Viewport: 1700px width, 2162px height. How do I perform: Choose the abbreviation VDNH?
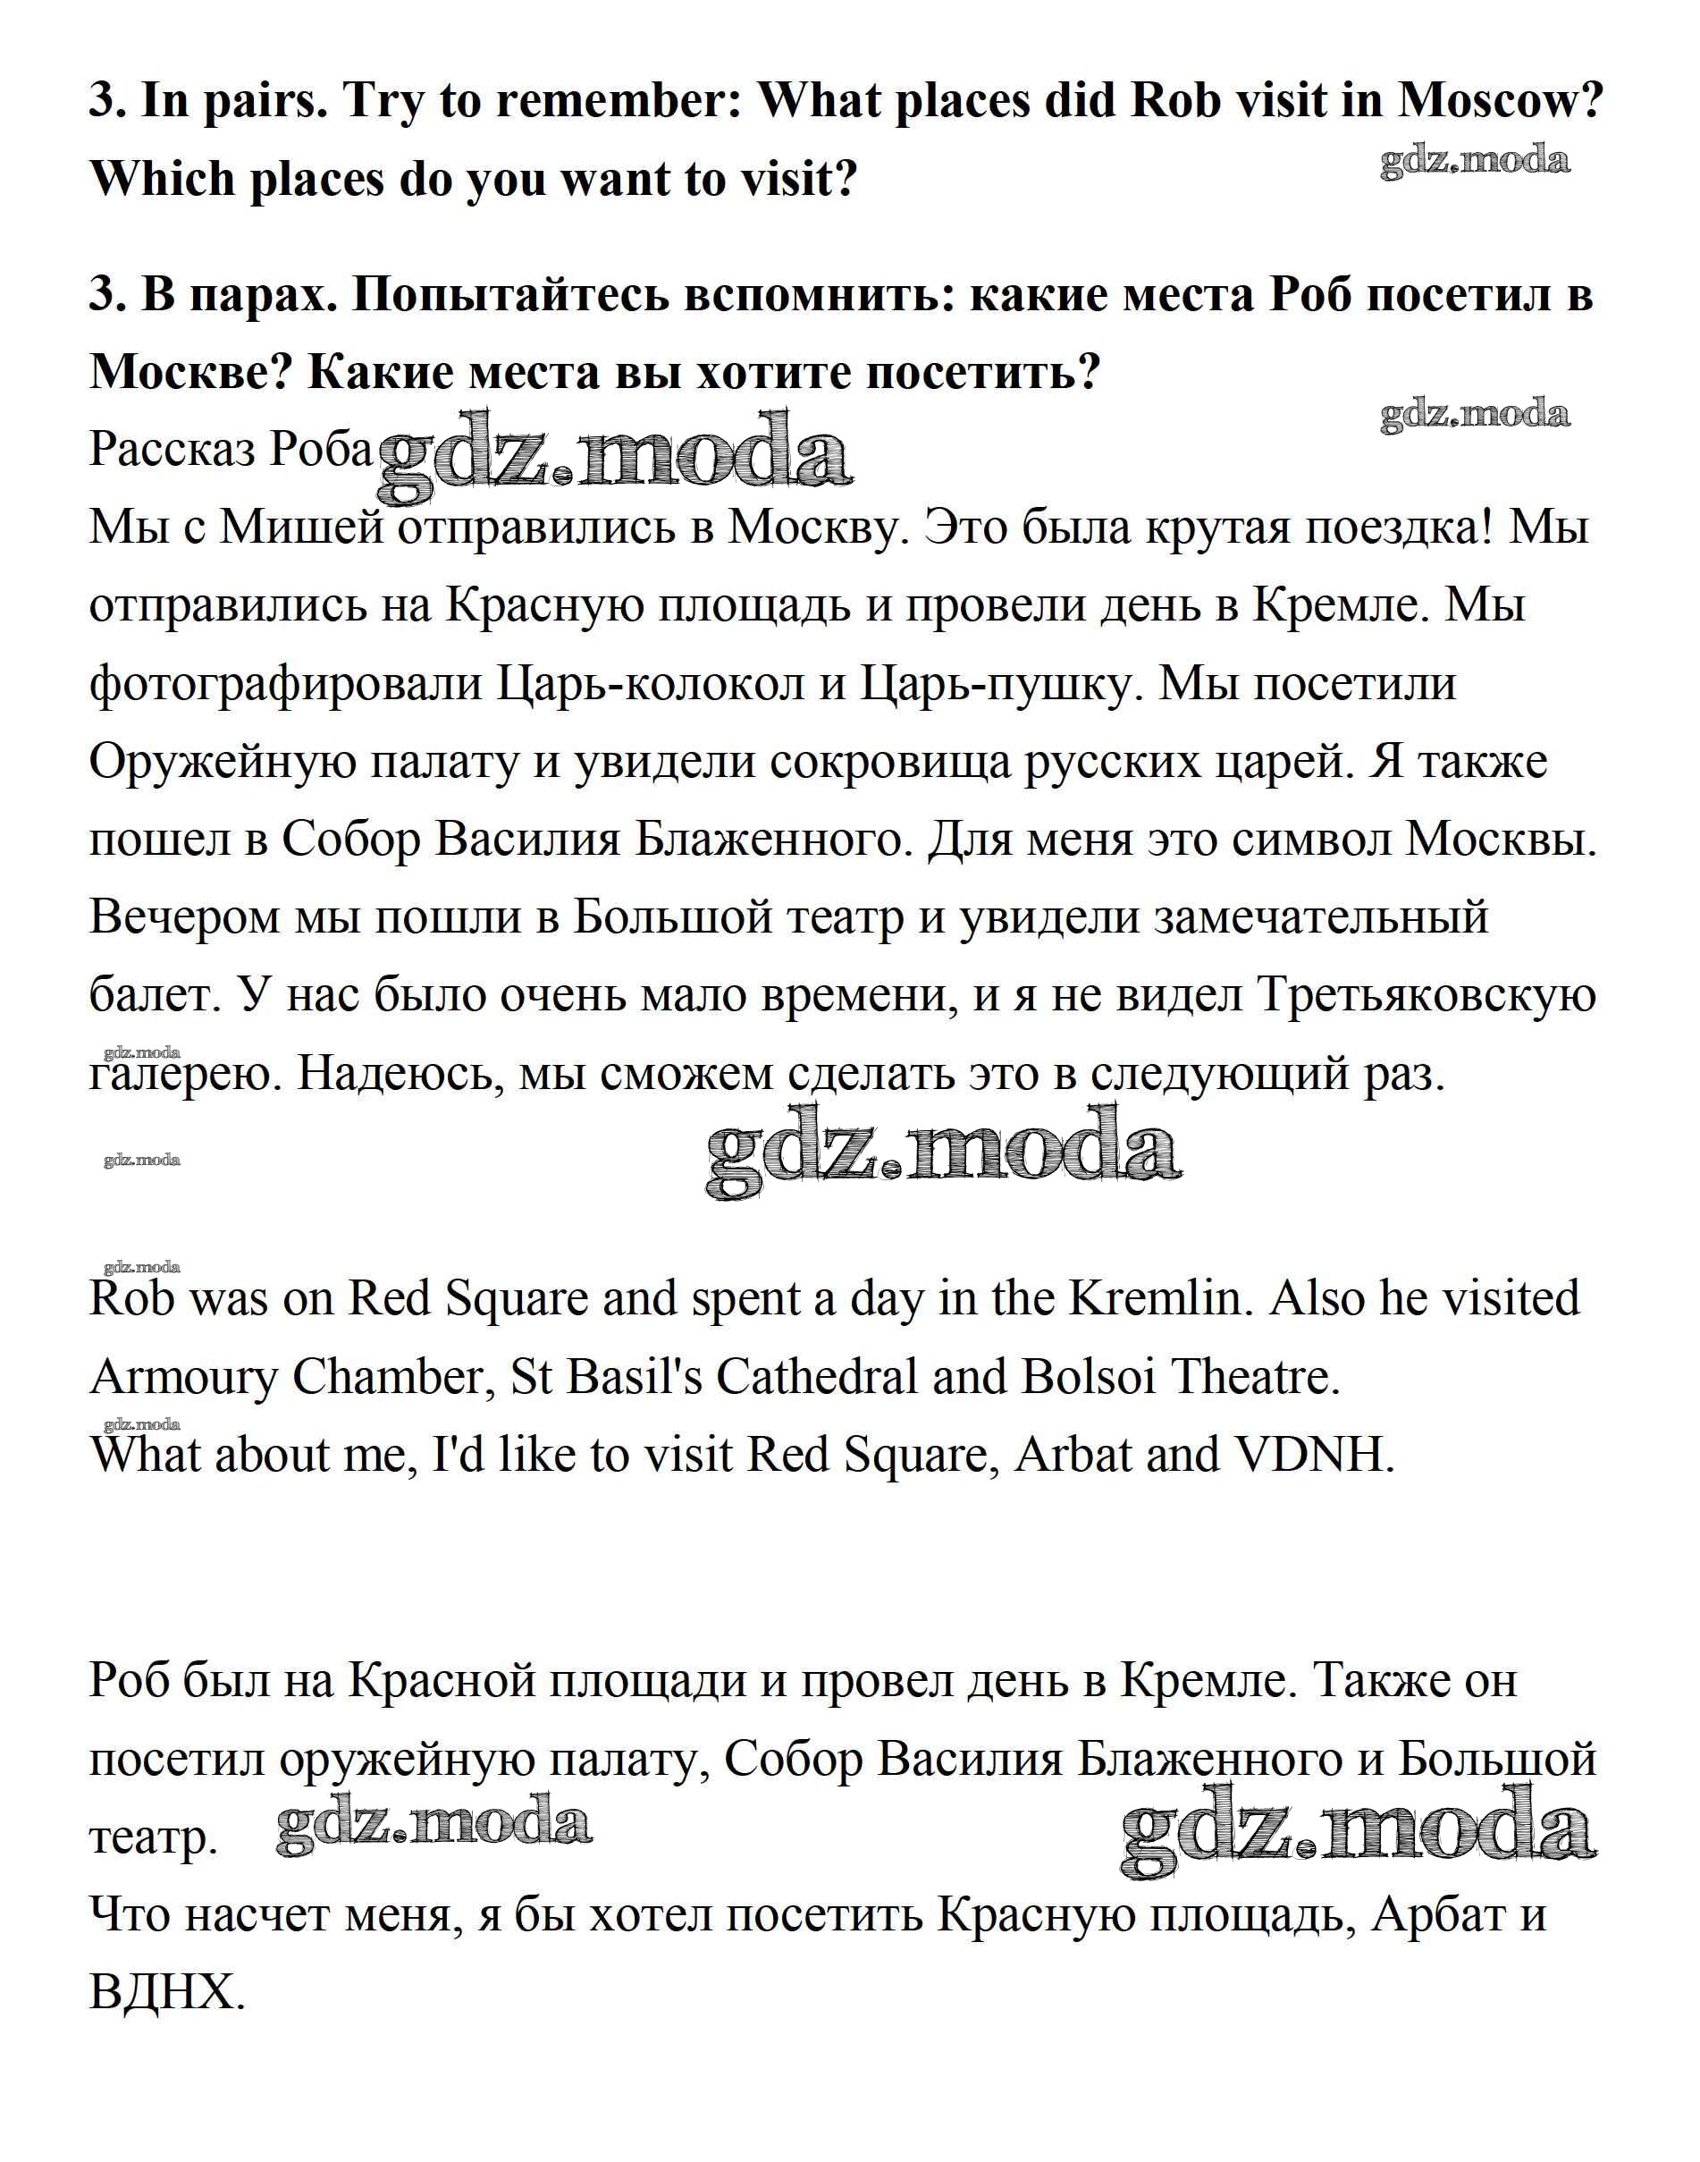(x=1314, y=1454)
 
